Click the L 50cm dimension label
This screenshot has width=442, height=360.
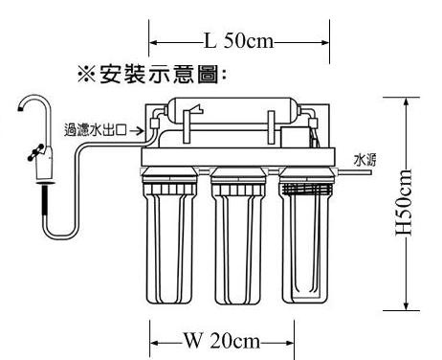click(x=238, y=41)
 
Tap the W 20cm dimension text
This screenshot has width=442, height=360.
click(x=222, y=341)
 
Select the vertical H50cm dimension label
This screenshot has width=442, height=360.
click(x=404, y=203)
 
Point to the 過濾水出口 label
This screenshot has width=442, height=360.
click(x=96, y=130)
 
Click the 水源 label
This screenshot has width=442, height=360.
click(x=365, y=160)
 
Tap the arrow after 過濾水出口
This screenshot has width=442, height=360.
click(x=137, y=130)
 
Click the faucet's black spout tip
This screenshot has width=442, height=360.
click(x=20, y=109)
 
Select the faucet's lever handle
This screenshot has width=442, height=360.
click(x=35, y=152)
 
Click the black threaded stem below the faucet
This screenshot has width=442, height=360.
click(x=44, y=200)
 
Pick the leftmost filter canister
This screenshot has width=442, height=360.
click(x=169, y=236)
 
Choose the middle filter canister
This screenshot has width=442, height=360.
click(x=238, y=236)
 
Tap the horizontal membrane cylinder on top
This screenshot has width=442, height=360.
click(x=232, y=110)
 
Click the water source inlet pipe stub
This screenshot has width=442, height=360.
click(x=353, y=172)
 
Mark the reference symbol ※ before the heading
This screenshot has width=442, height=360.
click(x=86, y=75)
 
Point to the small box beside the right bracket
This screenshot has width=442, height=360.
click(x=295, y=137)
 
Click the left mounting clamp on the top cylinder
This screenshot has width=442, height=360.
click(x=187, y=126)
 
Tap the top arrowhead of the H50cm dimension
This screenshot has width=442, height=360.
click(x=406, y=102)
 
